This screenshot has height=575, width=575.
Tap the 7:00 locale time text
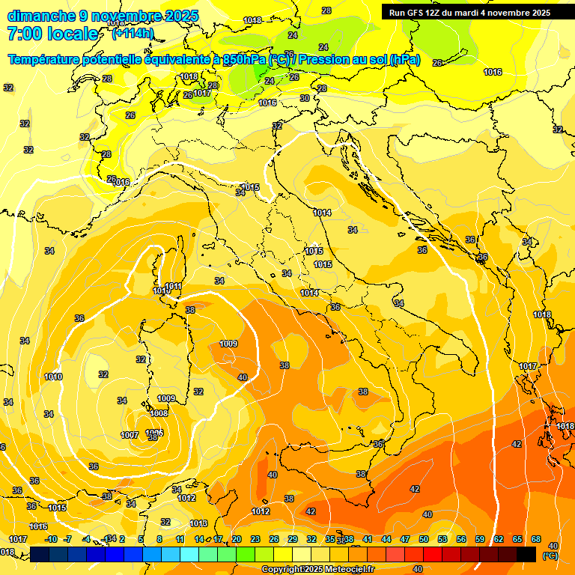52,33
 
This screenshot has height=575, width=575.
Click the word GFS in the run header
420,12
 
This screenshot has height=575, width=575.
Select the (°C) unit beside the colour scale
549,556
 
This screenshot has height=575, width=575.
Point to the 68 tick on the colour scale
537,539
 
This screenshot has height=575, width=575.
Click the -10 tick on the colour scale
51,539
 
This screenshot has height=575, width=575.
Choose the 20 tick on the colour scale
236,539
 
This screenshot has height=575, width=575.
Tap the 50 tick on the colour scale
424,539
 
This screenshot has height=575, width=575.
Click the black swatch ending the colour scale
527,554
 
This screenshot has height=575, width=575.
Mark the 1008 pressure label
159,413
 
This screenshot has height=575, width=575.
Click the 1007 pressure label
130,435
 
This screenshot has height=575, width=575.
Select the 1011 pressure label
174,286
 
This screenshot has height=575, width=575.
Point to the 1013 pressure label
198,523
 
